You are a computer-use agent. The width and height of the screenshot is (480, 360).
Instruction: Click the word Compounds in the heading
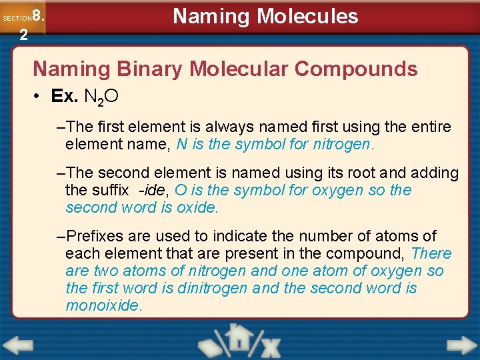click(357, 69)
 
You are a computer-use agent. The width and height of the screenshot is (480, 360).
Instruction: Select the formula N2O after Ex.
click(101, 97)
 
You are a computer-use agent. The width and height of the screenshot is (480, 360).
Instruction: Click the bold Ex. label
click(65, 97)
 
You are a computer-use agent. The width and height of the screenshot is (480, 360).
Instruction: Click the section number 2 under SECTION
click(23, 35)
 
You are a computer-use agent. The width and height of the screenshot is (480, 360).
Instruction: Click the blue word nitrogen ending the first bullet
click(346, 144)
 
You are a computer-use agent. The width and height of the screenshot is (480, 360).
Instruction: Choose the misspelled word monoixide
click(103, 305)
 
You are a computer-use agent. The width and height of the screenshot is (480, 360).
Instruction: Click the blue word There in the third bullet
click(431, 253)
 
